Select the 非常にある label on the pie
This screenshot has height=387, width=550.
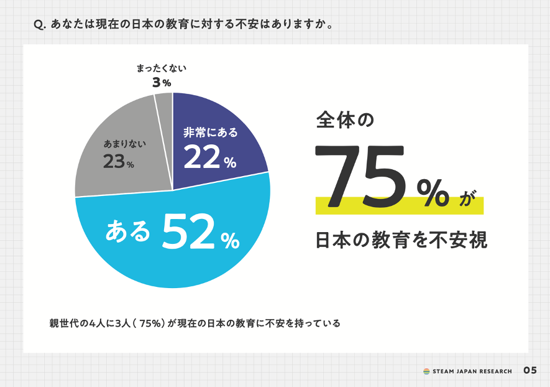pos(210,133)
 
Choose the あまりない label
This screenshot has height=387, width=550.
pos(124,144)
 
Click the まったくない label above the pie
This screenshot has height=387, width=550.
pos(162,68)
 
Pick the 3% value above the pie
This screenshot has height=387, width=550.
pos(162,82)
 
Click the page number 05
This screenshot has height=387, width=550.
pos(530,370)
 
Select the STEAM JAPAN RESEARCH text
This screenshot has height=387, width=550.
pos(472,371)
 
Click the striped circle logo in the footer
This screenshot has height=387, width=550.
pos(427,371)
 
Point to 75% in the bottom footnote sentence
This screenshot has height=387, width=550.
pos(152,324)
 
